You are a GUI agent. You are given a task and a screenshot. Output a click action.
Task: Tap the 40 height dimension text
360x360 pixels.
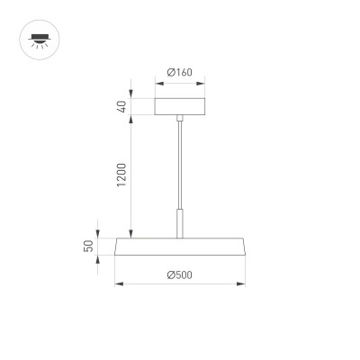click(x=119, y=105)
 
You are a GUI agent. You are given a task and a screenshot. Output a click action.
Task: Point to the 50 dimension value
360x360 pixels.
click(x=102, y=246)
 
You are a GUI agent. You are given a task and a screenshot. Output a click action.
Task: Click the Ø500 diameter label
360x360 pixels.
click(x=181, y=274)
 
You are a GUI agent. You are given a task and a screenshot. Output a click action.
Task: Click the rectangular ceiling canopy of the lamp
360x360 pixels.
click(x=180, y=105)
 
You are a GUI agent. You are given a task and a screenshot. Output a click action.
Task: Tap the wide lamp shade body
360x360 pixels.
click(x=180, y=247)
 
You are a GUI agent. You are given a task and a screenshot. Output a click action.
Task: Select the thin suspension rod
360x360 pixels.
click(x=180, y=162)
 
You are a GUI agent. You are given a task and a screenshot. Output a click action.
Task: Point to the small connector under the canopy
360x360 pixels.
click(x=180, y=118)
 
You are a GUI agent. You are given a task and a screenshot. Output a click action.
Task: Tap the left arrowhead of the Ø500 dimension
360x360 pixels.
click(x=118, y=284)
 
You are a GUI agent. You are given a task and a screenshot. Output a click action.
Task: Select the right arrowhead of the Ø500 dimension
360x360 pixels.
click(x=242, y=284)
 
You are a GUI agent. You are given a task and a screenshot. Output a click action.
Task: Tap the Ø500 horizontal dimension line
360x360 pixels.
click(x=180, y=284)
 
